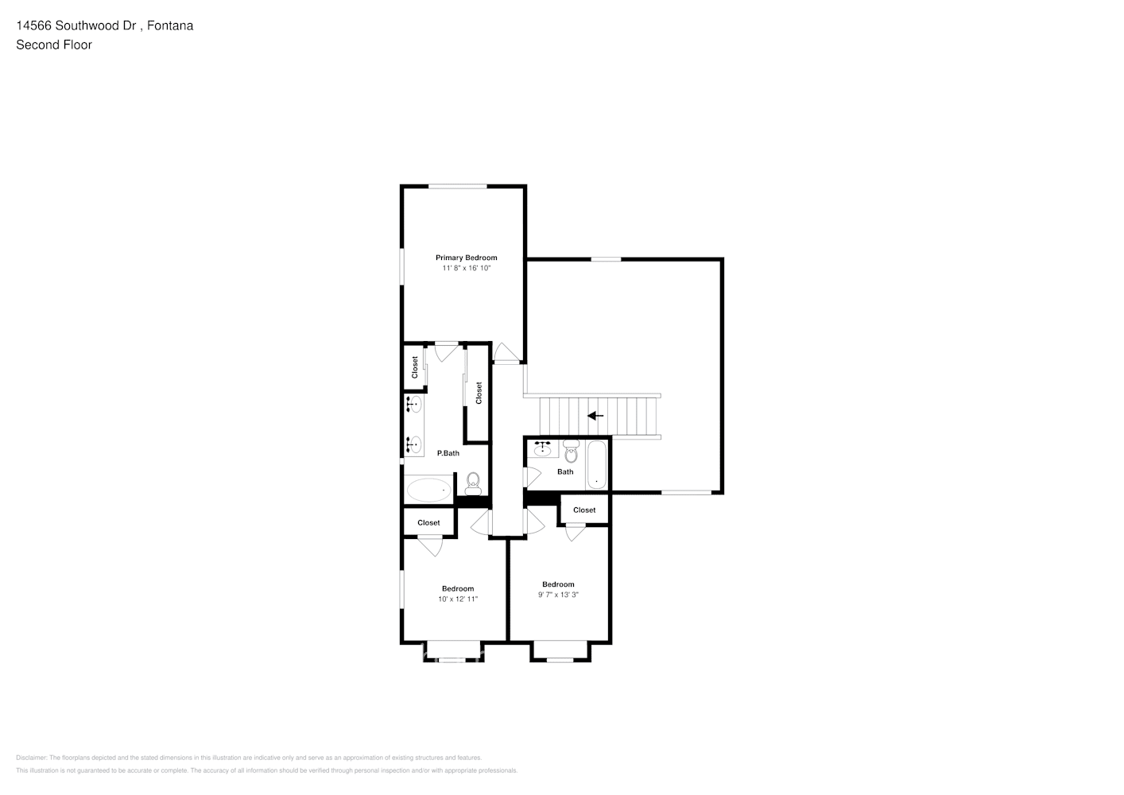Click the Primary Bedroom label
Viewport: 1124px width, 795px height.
click(466, 258)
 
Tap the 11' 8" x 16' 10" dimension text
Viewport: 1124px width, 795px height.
click(467, 269)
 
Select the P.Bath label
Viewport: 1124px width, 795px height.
click(448, 453)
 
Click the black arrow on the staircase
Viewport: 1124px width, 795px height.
click(595, 416)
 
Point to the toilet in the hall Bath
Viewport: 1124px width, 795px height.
click(571, 452)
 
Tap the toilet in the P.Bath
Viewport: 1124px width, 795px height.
click(473, 481)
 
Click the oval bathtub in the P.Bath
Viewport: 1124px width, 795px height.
click(428, 489)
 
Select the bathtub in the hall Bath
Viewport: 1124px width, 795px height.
click(597, 467)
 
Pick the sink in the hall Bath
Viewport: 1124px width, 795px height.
click(543, 449)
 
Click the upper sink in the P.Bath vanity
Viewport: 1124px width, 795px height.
click(413, 405)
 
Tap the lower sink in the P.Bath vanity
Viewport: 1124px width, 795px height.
click(413, 444)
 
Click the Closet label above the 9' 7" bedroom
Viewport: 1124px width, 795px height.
click(584, 510)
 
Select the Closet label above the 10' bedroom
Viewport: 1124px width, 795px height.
click(428, 523)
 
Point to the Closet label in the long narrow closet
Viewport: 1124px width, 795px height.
click(479, 393)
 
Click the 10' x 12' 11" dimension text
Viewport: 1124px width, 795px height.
click(458, 599)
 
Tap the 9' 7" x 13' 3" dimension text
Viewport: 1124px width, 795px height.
click(558, 595)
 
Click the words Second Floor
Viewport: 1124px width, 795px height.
click(54, 45)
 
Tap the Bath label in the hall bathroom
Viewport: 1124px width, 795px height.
click(565, 472)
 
